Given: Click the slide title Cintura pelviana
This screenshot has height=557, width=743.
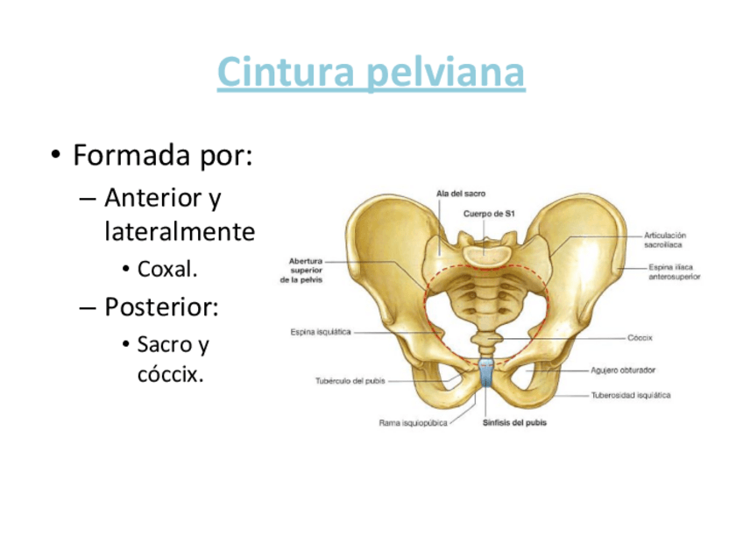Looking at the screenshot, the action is click(371, 73).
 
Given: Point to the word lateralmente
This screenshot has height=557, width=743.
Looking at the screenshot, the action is click(179, 233).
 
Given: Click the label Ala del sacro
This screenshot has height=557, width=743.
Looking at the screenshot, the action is click(461, 193).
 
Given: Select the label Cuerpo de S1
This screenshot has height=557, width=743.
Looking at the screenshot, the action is click(490, 214).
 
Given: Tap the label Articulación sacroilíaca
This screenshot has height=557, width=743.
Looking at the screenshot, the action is click(665, 240).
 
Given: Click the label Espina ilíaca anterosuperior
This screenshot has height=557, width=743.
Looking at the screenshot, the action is click(674, 271).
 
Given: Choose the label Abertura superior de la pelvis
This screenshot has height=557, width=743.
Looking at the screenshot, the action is click(301, 270).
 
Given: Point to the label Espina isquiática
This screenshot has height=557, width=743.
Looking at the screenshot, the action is click(321, 332).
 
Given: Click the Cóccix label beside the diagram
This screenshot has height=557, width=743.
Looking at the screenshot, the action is click(640, 337).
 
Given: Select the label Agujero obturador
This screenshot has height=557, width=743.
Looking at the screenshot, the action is click(623, 370).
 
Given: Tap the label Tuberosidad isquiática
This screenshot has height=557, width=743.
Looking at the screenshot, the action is click(631, 395).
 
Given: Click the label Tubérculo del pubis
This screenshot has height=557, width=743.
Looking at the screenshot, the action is click(350, 381).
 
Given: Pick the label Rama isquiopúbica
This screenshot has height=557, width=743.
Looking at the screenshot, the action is click(413, 423).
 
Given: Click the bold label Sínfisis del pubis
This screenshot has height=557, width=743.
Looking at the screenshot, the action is click(514, 423).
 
